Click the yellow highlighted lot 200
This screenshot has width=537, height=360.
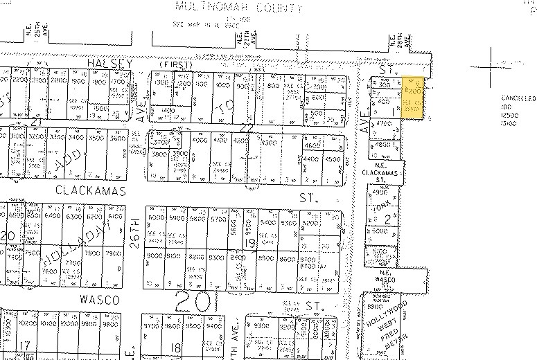pyautogui.click(x=414, y=91)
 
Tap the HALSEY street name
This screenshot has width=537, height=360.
pyautogui.click(x=109, y=62)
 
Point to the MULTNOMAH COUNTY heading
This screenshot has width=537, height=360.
pyautogui.click(x=239, y=8)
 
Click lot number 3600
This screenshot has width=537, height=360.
pyautogui.click(x=118, y=138)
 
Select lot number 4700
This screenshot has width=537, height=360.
pyautogui.click(x=383, y=123)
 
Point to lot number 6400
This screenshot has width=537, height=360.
pyautogui.click(x=53, y=216)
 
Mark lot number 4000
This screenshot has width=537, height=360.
pyautogui.click(x=200, y=140)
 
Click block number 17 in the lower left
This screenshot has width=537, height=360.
pyautogui.click(x=26, y=345)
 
